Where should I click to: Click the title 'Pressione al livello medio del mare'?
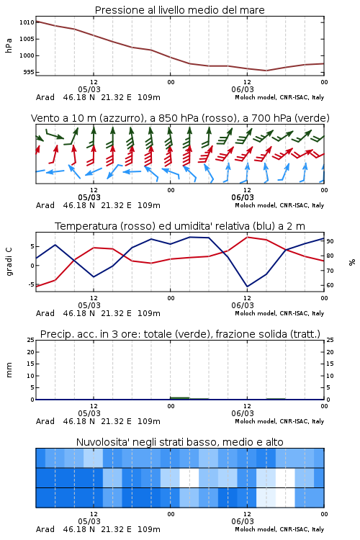179,10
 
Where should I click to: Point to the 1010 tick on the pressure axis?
27,22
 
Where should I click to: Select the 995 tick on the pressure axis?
29,72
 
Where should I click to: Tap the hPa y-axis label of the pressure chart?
9,45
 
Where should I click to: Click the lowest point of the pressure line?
266,71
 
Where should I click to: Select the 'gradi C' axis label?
9,262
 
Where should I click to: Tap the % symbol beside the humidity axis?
352,262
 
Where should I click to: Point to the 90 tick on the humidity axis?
330,241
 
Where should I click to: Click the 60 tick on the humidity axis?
330,285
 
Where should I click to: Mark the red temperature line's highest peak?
247,237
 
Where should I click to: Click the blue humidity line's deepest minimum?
247,287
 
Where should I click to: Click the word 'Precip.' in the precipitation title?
53,334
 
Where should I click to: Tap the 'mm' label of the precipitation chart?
9,370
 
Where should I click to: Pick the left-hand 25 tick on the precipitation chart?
31,340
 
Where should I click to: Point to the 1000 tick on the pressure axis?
27,55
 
